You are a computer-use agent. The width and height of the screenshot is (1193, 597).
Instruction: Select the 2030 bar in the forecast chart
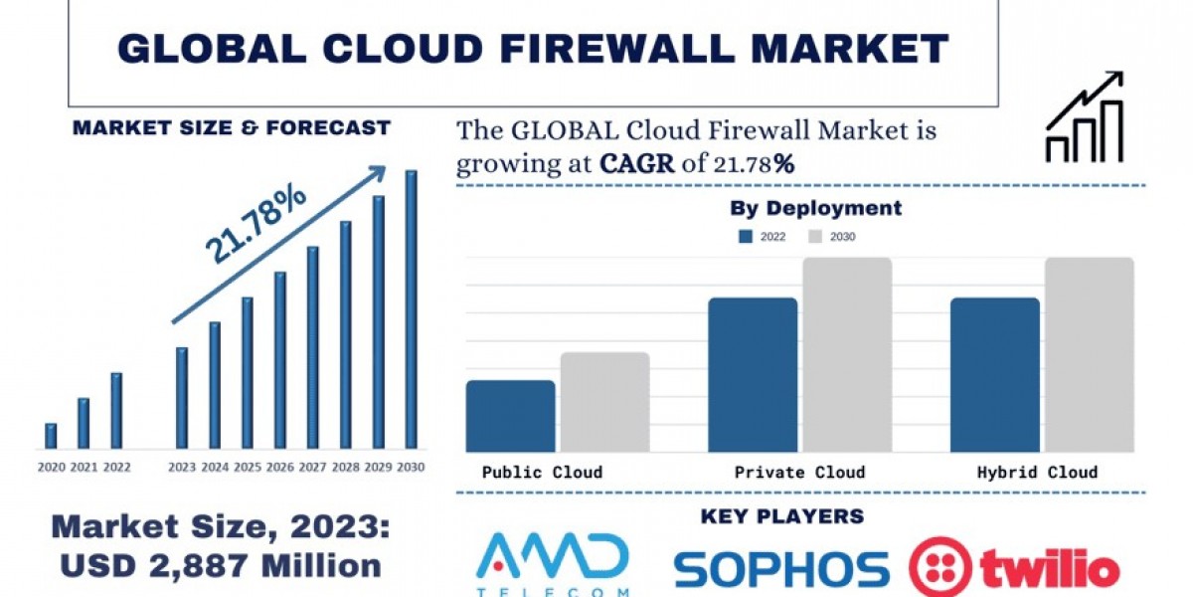tap(411, 308)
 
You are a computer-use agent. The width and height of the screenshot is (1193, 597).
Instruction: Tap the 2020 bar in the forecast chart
tap(51, 436)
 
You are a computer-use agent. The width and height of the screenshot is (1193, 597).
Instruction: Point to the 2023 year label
tap(182, 467)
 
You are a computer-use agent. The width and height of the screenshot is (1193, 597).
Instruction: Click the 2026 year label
tap(280, 467)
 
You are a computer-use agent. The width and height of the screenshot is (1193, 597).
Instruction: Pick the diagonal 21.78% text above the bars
tap(256, 226)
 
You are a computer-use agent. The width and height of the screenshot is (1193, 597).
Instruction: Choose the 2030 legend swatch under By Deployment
tap(815, 237)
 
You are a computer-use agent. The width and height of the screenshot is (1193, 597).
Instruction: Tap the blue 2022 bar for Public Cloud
tap(510, 416)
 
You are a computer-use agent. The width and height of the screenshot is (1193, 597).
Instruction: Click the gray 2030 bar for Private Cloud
tap(847, 354)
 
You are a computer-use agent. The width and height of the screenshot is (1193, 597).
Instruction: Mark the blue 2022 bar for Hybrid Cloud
tap(994, 374)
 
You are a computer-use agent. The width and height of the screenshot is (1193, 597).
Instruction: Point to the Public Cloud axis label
tap(542, 472)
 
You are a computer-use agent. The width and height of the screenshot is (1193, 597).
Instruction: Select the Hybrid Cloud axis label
tap(1038, 472)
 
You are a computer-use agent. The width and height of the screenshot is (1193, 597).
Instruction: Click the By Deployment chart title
tap(815, 208)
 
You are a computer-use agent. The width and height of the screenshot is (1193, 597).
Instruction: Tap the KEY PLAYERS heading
tap(782, 516)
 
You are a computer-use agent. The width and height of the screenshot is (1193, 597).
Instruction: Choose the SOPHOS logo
tap(781, 568)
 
